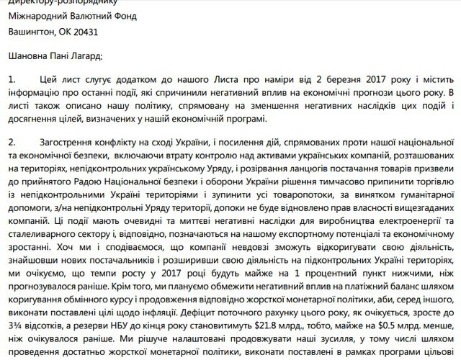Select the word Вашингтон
tap(34, 31)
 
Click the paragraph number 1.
tap(12, 79)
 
